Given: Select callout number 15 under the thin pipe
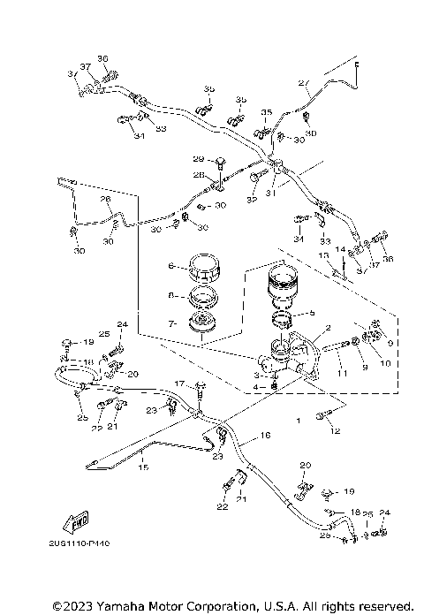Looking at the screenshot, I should [143, 469].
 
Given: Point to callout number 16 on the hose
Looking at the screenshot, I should [264, 437].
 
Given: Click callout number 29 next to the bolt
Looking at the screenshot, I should [197, 159].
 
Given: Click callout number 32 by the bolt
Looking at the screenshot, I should [251, 201].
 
